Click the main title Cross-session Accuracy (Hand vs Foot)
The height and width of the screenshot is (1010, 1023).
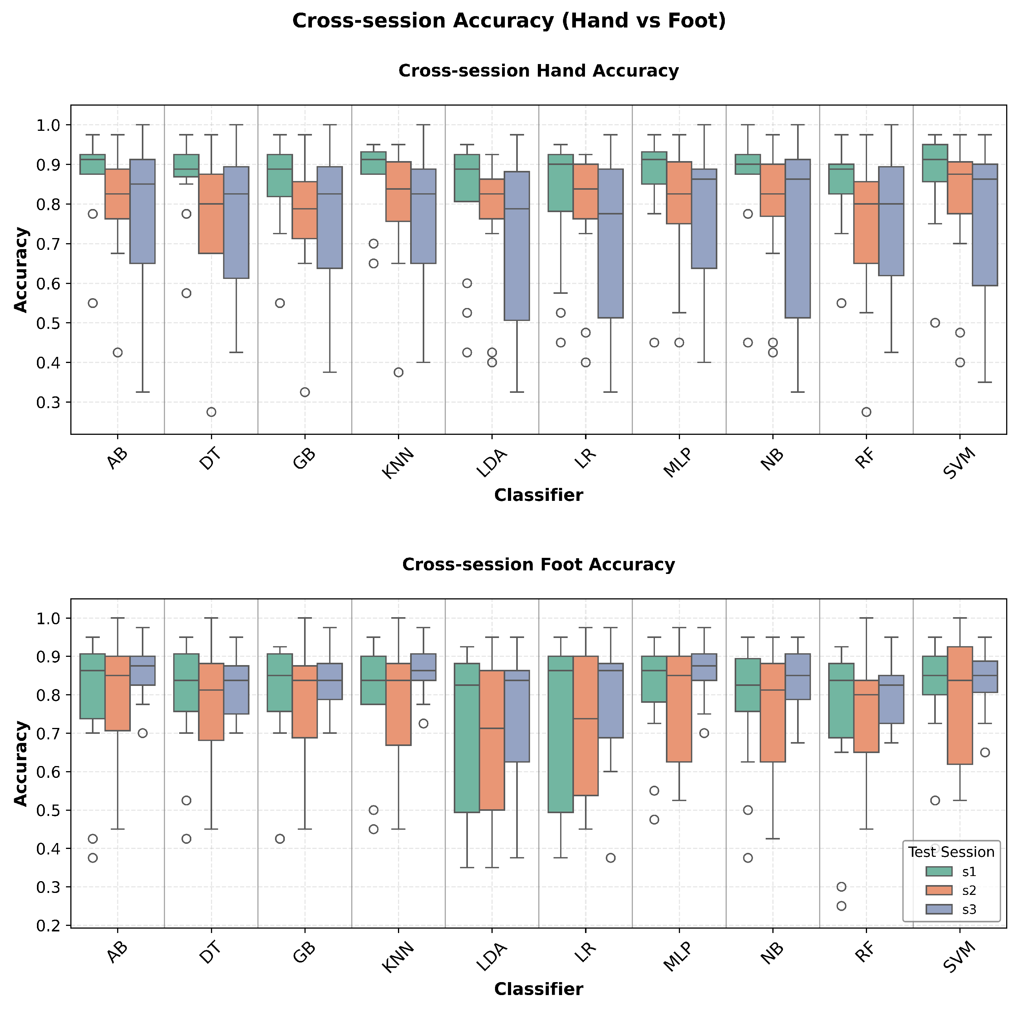[x=509, y=21]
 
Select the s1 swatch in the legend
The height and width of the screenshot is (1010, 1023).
[x=936, y=872]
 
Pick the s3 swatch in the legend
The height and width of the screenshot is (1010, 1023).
[x=936, y=909]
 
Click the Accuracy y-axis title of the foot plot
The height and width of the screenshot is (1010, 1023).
[x=21, y=763]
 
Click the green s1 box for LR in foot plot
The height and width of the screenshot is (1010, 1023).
[x=560, y=734]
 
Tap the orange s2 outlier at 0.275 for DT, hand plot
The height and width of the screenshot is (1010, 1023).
[x=211, y=412]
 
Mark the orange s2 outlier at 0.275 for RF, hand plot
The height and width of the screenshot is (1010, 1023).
[x=866, y=412]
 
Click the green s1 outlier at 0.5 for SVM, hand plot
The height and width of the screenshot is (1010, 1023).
[x=935, y=323]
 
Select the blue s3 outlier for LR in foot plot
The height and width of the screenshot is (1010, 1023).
[x=610, y=858]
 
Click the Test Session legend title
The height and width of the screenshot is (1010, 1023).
[x=951, y=852]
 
